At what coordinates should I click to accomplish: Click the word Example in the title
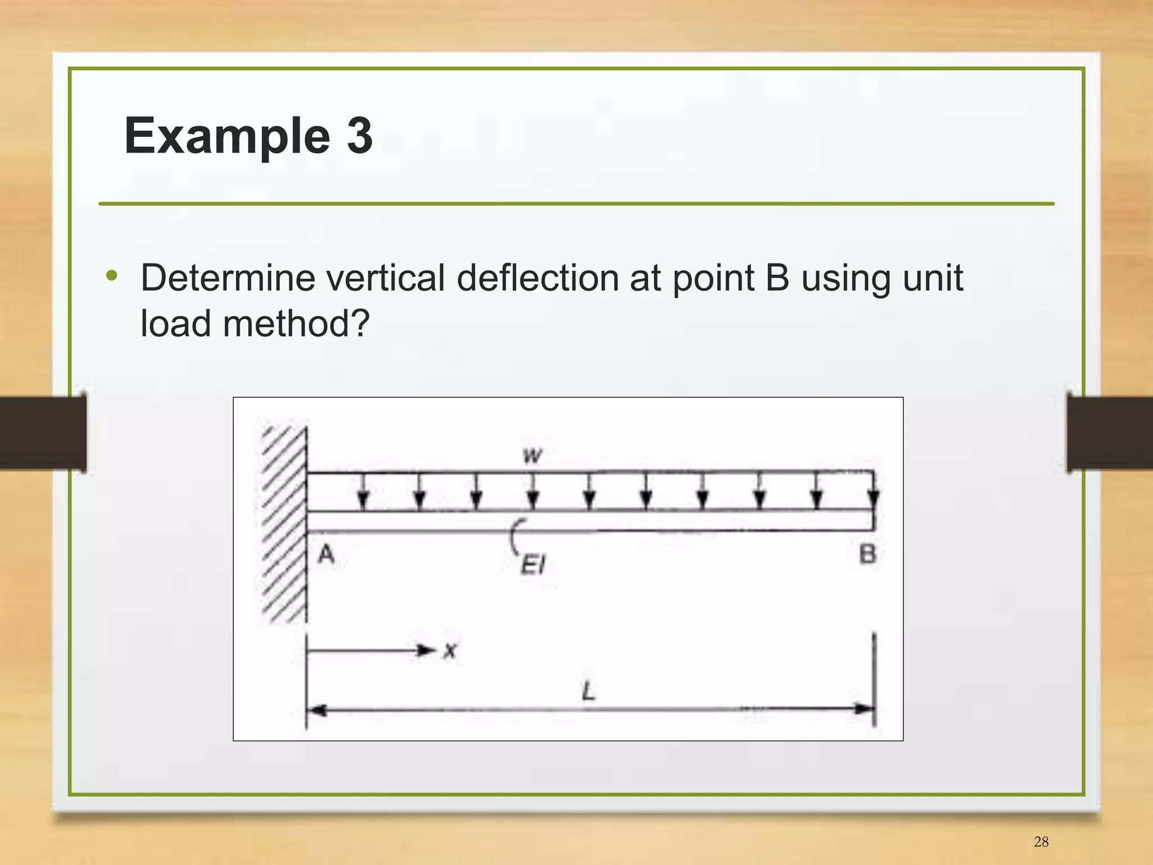(227, 136)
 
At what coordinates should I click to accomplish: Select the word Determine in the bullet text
(228, 278)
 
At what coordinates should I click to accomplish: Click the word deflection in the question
(538, 278)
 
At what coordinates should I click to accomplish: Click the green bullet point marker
(112, 276)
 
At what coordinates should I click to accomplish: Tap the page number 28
(1041, 841)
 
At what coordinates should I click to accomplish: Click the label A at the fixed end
(326, 555)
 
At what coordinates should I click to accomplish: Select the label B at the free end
(868, 555)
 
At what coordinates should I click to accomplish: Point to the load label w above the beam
(532, 455)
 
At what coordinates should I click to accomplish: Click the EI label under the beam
(533, 564)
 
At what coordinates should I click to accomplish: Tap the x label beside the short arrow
(450, 652)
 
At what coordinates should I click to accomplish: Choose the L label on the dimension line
(588, 691)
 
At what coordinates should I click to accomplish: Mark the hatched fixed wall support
(285, 523)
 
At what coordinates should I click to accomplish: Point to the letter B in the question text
(777, 278)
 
